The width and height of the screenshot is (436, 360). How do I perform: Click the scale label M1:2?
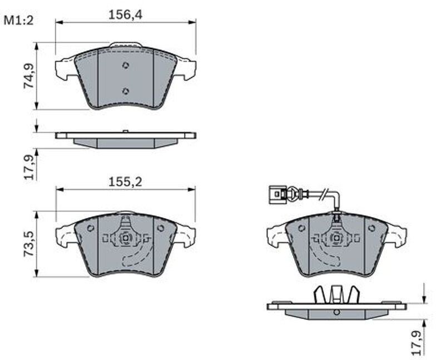[18, 21]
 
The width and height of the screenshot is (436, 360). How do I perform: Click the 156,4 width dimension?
[125, 15]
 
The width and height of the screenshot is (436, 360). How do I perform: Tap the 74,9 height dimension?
[29, 76]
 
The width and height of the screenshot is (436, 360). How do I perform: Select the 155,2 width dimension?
[125, 182]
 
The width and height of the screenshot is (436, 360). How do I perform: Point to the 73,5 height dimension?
[29, 243]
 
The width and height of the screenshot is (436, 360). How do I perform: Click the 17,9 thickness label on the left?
[29, 167]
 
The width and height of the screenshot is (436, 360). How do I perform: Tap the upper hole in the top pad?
[126, 66]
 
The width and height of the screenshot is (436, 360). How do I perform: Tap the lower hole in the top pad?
[126, 91]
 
